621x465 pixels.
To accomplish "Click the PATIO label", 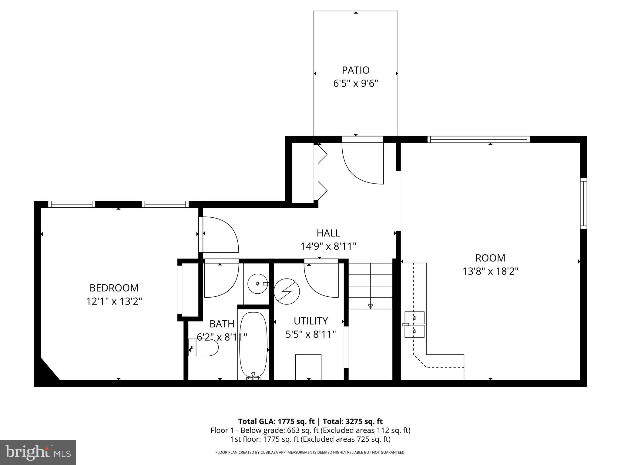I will point(356,70).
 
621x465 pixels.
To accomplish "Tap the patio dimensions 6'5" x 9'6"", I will point(356,84).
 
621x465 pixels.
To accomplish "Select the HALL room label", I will point(328,233).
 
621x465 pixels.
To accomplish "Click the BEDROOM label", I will point(114,288).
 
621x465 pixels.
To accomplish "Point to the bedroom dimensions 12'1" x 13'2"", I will point(114,302).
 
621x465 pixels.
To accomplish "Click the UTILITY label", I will point(310,321).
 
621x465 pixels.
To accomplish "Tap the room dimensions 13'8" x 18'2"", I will point(490,271).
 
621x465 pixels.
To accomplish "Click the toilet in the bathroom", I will point(204,348).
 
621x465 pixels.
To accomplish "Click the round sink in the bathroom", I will point(257,284).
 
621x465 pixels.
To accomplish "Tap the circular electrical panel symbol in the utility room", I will point(287,292).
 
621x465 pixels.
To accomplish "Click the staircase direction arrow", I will point(370,306).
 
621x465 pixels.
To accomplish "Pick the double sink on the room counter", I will point(414,325).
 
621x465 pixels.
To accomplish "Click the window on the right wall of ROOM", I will point(583,203).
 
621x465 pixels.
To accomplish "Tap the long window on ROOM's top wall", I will point(479,140).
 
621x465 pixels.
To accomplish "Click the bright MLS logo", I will point(38,452).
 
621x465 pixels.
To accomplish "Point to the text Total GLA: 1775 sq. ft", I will point(276,421).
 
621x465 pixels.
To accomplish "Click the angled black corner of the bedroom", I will point(45,374).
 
